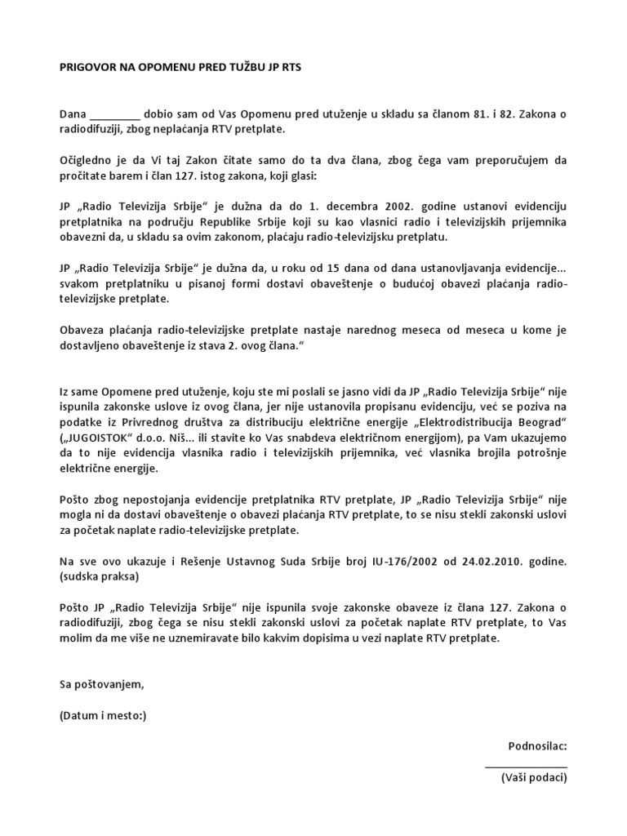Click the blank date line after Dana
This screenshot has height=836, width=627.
[x=113, y=114]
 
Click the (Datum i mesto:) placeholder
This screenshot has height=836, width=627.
[x=103, y=715]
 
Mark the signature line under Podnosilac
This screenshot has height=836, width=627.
[x=526, y=764]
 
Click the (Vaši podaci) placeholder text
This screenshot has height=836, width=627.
[x=534, y=778]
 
